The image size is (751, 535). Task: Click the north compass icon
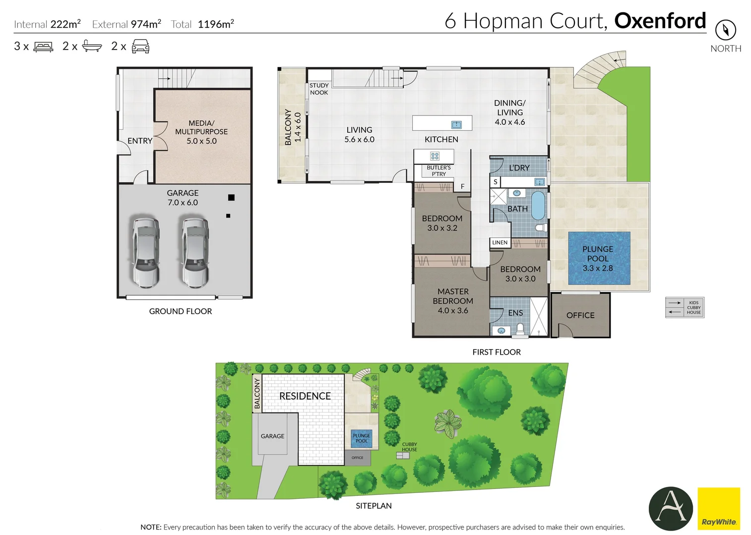pos(725,30)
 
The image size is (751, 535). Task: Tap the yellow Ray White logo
pos(718,509)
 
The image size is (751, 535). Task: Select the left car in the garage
pos(145,252)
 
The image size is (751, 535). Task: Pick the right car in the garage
pos(194,252)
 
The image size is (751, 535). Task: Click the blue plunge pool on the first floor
pos(599,258)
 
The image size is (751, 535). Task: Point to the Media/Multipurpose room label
pos(201,127)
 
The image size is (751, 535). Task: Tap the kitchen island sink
pos(456,124)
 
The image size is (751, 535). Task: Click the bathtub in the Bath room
pos(538,206)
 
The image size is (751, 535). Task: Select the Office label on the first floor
pos(580,315)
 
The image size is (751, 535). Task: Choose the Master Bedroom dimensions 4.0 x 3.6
pos(452,311)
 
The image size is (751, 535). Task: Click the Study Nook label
pos(319,89)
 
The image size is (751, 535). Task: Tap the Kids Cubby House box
pos(685,308)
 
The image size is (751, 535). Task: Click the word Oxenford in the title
pos(660,21)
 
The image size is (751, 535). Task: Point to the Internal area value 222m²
pos(65,24)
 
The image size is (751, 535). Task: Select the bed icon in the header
pos(43,47)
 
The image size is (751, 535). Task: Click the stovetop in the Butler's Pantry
pos(435,156)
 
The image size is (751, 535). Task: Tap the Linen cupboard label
pos(500,243)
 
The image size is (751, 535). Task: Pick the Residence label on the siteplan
pos(305,396)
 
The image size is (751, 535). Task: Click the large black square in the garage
pos(231,198)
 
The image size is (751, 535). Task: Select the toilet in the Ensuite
pos(520,328)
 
